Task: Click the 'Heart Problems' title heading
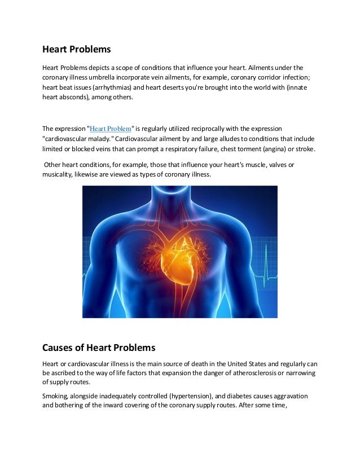(77, 49)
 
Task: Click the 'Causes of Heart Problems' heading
(99, 347)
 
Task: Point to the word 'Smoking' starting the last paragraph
(55, 397)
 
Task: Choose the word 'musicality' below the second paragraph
(60, 174)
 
